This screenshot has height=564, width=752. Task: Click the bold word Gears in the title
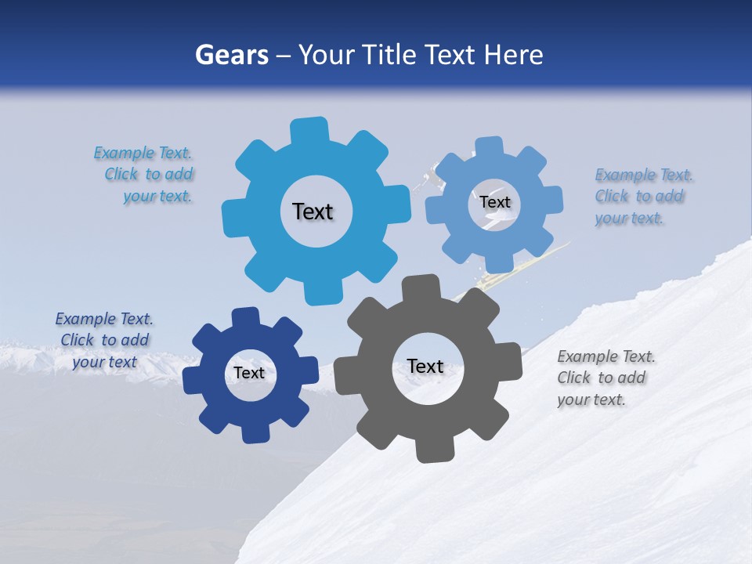pos(231,55)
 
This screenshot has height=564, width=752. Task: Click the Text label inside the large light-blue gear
pos(313,211)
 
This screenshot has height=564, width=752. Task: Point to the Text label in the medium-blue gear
pos(495,202)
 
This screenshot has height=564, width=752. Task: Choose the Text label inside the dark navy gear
pos(249,373)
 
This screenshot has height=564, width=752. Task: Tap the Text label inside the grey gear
pos(425,366)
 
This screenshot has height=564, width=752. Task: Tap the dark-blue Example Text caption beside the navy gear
pos(104,340)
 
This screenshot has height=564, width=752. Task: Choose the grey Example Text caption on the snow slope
pos(605,378)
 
